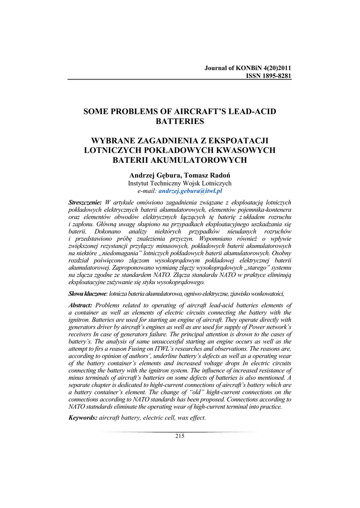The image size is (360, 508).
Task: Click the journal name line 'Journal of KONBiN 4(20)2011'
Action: (248, 68)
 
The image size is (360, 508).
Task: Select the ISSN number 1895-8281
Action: (272, 76)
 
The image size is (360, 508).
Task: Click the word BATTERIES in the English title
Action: (180, 121)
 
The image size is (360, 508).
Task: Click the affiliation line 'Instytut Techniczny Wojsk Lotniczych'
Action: (180, 183)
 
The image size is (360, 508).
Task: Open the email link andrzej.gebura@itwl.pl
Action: (190, 190)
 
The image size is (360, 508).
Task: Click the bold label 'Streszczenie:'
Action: (85, 203)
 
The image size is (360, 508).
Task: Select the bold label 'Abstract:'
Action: (80, 305)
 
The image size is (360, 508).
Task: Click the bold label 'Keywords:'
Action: (82, 418)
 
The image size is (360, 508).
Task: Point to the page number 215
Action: (180, 436)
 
